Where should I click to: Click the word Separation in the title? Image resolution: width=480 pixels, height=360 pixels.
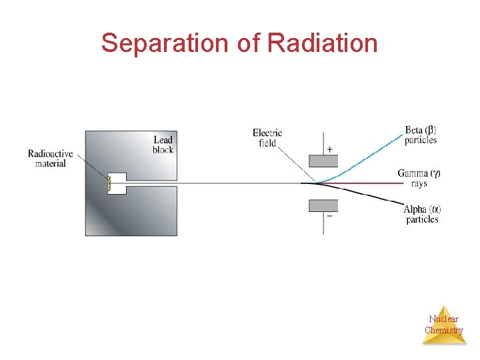point(157,43)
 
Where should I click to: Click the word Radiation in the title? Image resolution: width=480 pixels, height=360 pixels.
point(322,43)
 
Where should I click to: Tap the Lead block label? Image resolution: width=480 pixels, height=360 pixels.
point(163,144)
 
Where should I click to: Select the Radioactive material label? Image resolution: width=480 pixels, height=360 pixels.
point(50,159)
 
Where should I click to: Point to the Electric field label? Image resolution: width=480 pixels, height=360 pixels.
point(267,137)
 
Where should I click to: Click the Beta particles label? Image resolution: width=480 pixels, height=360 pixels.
point(421,135)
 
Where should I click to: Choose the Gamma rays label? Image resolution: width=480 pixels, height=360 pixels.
point(419,178)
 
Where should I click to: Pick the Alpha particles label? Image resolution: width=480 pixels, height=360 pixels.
point(422,214)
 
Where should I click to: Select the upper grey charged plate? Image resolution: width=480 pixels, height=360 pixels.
point(323,161)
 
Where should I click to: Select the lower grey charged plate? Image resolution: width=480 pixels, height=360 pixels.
point(323,205)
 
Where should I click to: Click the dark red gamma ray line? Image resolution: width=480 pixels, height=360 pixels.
point(367,182)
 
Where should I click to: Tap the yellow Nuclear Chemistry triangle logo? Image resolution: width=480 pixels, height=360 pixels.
point(443,327)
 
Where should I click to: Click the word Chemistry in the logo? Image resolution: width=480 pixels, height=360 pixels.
point(443,331)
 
